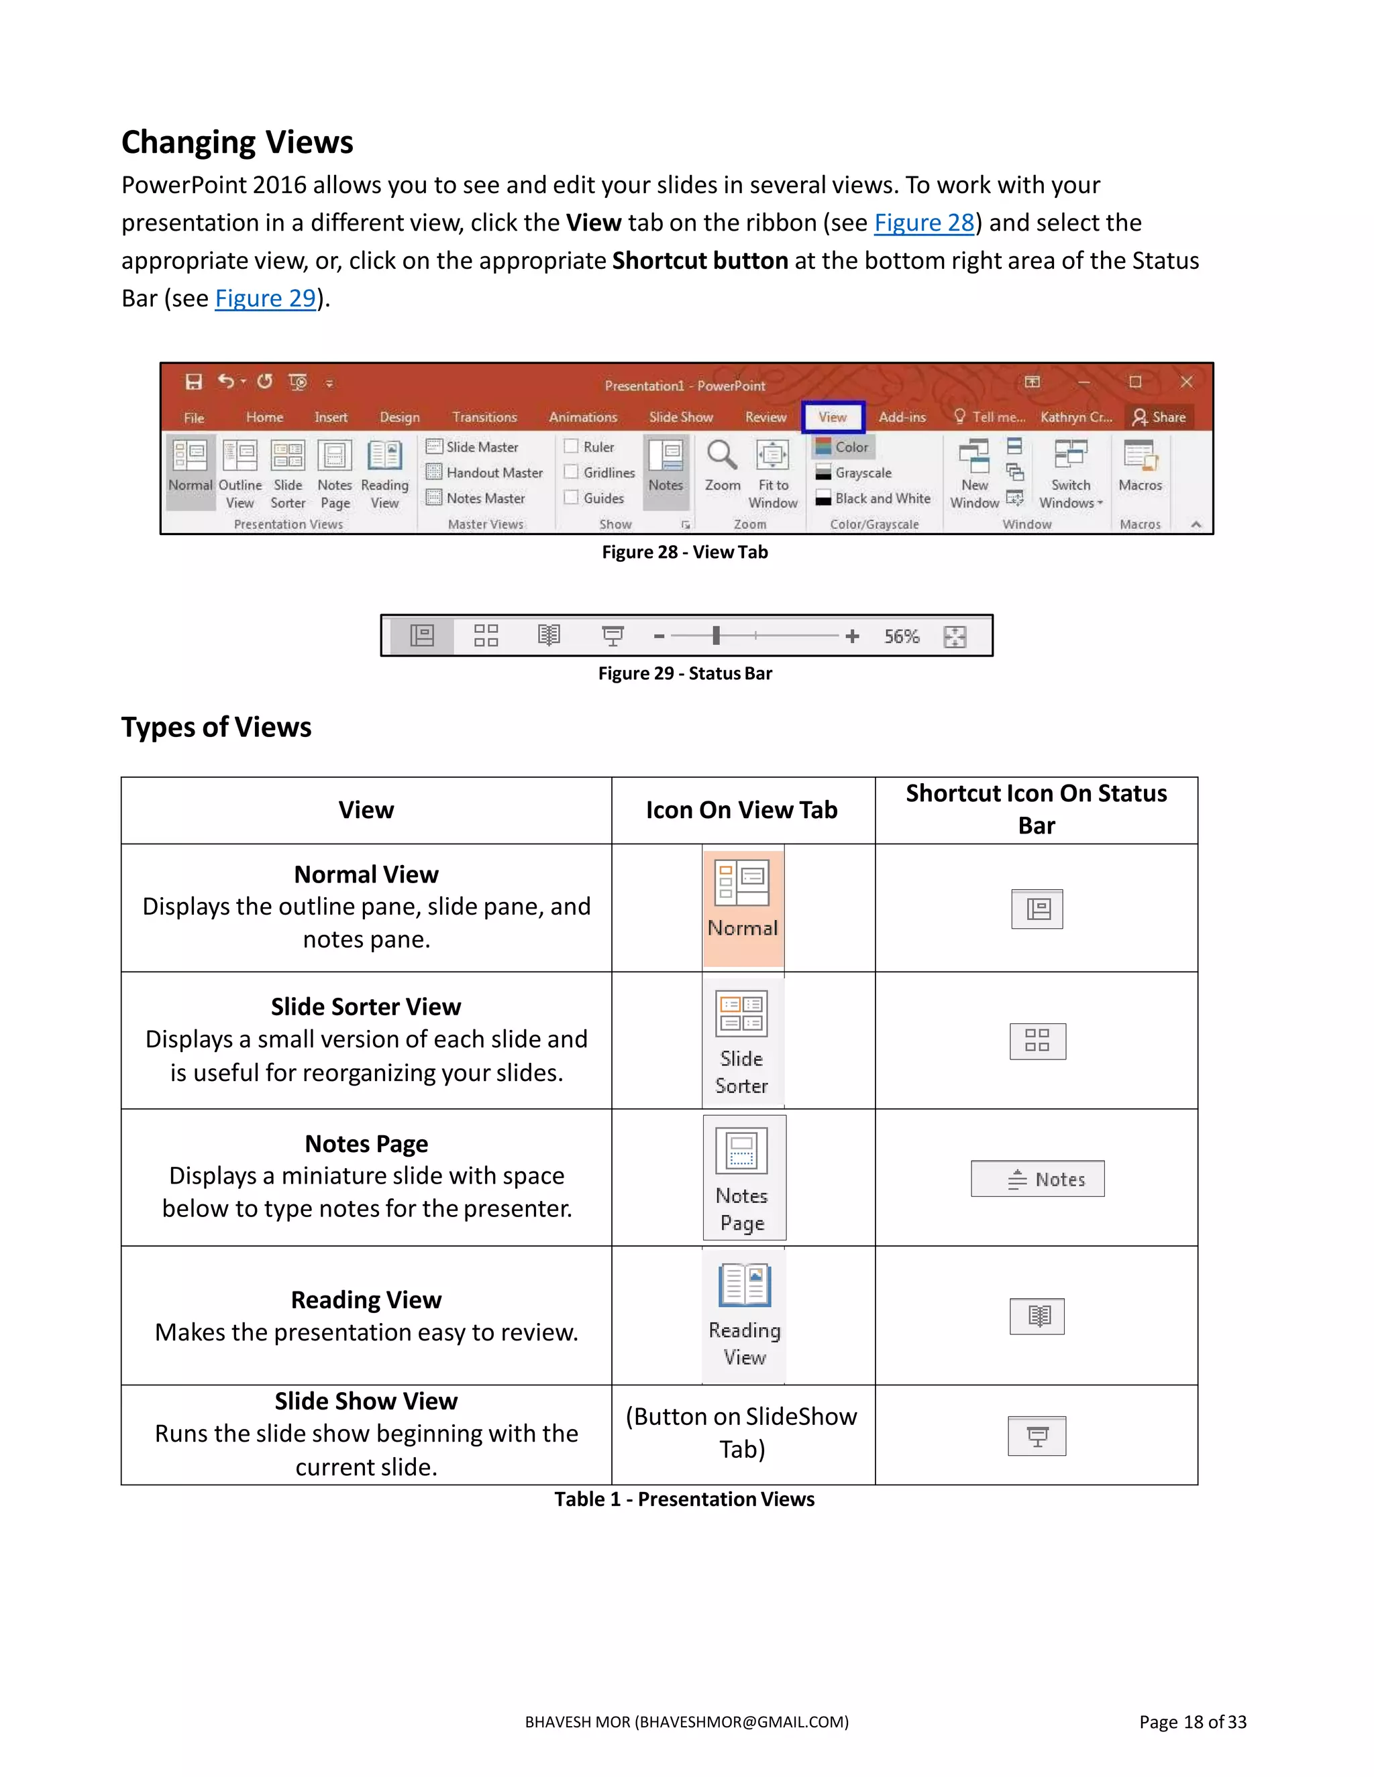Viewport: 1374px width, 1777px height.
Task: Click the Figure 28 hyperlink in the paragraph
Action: point(923,223)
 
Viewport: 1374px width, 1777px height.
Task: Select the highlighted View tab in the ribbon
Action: point(832,417)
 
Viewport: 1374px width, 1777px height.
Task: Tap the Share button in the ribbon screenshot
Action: point(1159,417)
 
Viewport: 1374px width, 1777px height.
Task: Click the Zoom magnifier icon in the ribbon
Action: point(721,457)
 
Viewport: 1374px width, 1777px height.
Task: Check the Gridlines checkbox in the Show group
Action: point(572,472)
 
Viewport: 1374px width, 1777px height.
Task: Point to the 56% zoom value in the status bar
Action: point(901,636)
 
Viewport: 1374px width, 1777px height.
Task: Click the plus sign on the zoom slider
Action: point(851,636)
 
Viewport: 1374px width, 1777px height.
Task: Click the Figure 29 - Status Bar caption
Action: point(684,674)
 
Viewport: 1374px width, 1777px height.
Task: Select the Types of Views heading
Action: point(217,728)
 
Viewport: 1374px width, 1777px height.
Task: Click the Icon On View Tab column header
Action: point(741,811)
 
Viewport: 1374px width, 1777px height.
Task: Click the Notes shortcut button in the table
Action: point(1037,1179)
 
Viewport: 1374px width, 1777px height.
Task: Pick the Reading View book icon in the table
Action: point(744,1285)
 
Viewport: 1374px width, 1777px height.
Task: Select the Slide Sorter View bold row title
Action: point(366,1007)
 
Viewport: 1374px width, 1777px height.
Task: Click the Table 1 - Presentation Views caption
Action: point(684,1499)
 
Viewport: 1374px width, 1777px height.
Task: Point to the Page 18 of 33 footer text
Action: point(1192,1723)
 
